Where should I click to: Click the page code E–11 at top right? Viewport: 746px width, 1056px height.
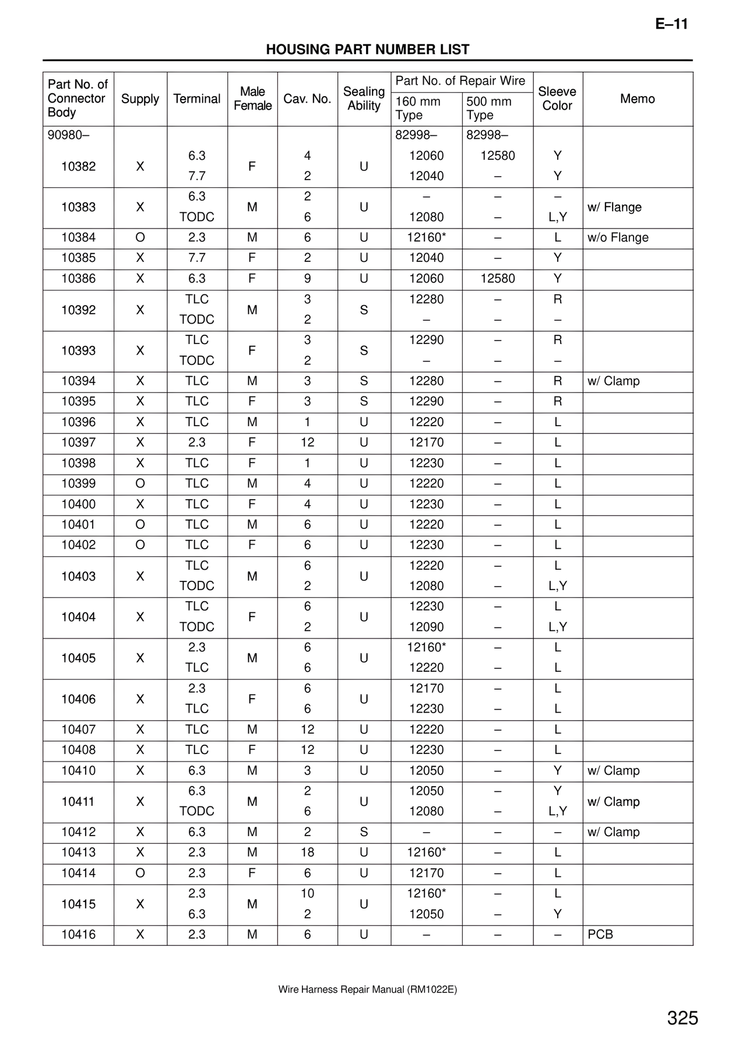coord(671,24)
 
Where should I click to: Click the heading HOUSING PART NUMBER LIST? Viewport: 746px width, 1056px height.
coord(367,50)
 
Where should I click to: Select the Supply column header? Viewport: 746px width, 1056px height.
coord(140,99)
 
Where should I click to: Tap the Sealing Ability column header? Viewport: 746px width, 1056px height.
coord(364,99)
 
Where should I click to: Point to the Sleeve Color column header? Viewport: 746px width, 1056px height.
coord(557,99)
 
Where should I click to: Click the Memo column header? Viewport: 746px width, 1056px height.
coord(637,99)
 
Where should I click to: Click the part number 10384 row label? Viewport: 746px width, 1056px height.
coord(78,238)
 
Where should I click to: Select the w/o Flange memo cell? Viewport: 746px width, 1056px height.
coord(618,238)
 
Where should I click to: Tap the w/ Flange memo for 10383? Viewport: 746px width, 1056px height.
coord(614,208)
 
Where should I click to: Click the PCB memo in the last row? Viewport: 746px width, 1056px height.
coord(600,935)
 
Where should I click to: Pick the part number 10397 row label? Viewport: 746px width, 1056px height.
coord(78,443)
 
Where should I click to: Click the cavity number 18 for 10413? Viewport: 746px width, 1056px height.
coord(307,852)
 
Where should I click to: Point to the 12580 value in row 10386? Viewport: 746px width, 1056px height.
coord(497,279)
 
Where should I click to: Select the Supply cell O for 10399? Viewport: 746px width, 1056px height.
coord(140,483)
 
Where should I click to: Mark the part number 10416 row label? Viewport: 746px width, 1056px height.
coord(78,935)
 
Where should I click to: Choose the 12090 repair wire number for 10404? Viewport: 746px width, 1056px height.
coord(426,627)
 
